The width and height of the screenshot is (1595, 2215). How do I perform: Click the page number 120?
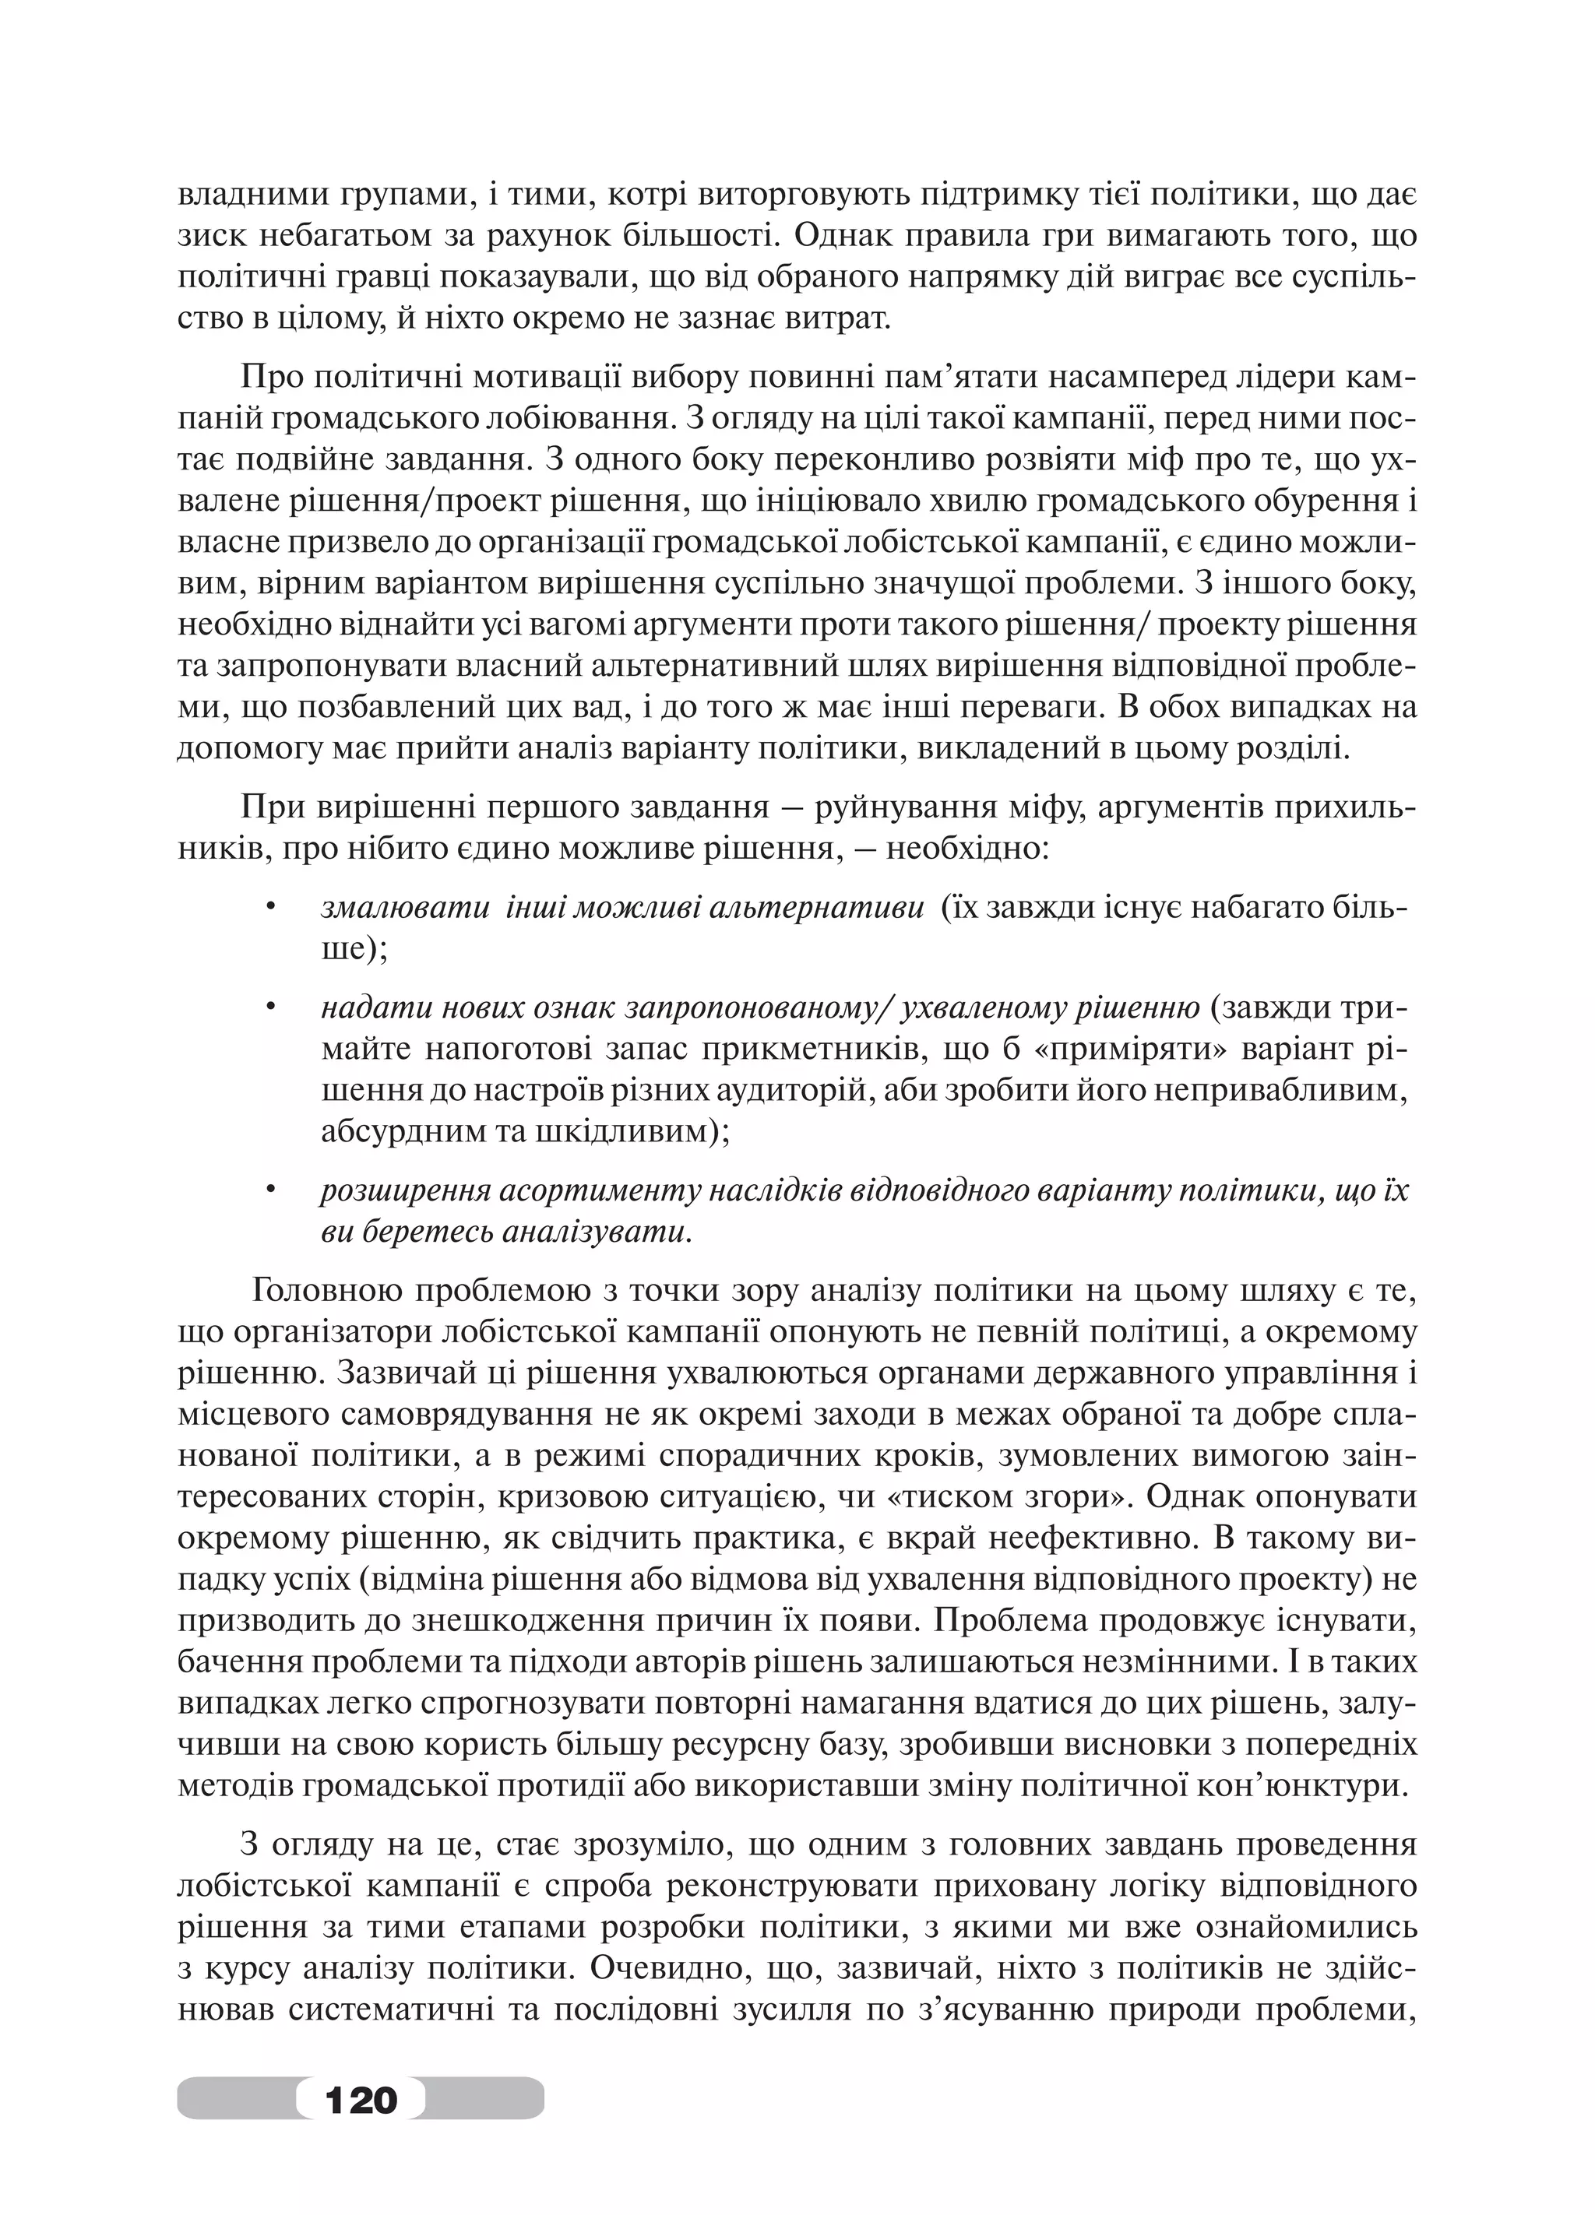[361, 2097]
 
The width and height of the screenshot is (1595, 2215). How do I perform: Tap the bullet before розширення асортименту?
[273, 1191]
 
